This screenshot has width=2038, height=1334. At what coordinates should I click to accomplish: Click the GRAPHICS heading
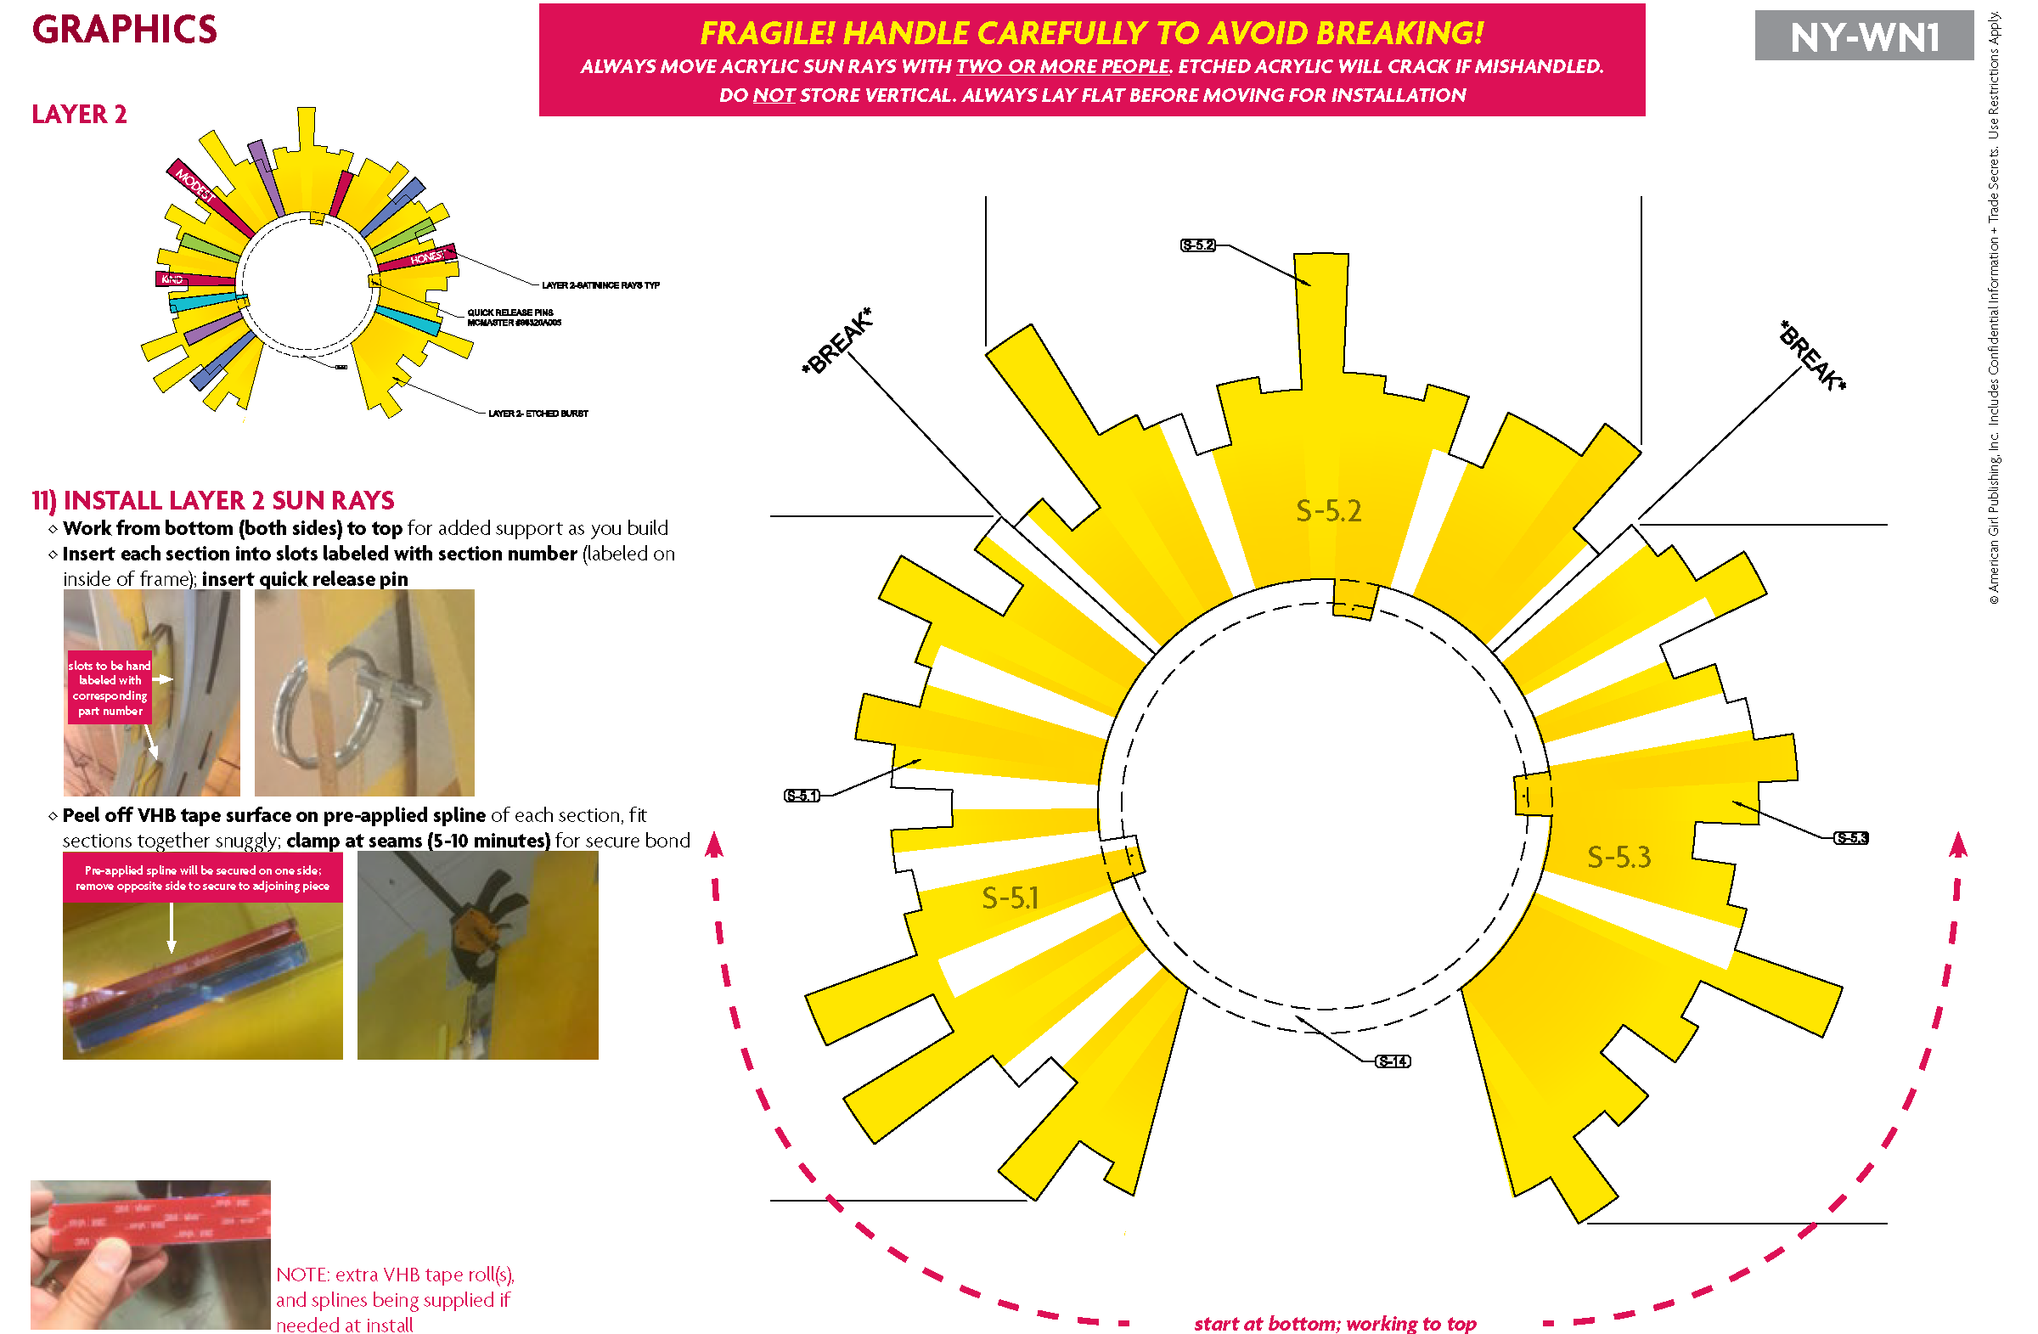tap(125, 30)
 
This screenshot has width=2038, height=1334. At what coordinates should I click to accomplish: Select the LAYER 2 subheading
tap(79, 114)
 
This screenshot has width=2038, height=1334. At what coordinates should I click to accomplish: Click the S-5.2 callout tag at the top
tap(1197, 245)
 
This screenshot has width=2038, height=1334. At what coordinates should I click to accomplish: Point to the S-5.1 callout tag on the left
tap(802, 796)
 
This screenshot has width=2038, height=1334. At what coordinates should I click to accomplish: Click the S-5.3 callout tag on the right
tap(1850, 837)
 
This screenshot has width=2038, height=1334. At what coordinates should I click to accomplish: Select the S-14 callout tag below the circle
tap(1393, 1061)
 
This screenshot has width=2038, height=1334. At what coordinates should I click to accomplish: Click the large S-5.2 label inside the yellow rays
tap(1328, 511)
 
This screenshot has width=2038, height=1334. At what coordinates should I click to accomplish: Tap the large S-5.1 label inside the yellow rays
tap(1011, 898)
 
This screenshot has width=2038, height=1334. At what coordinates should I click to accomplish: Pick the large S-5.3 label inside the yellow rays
tap(1619, 857)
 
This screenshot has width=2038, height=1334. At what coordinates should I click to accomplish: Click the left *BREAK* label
tap(836, 341)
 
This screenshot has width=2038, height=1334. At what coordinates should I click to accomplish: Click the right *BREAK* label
tap(1811, 355)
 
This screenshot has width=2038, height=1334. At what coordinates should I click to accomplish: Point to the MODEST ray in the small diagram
tap(194, 185)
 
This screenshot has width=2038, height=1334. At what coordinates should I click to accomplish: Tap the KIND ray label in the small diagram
tap(172, 279)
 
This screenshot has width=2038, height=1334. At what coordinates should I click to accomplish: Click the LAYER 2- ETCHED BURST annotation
tap(538, 414)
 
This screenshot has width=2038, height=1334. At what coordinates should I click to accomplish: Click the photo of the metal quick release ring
tap(364, 692)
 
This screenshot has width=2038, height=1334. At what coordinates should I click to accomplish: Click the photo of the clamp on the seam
tap(477, 954)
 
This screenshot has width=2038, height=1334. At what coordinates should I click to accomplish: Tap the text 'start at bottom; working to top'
tap(1334, 1323)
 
